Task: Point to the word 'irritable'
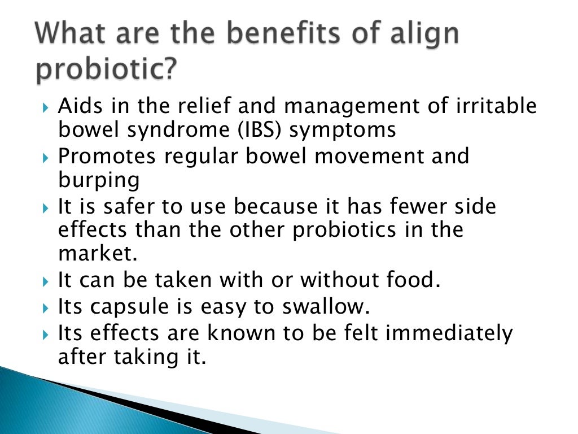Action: pos(490,106)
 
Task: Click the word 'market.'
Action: pos(98,254)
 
